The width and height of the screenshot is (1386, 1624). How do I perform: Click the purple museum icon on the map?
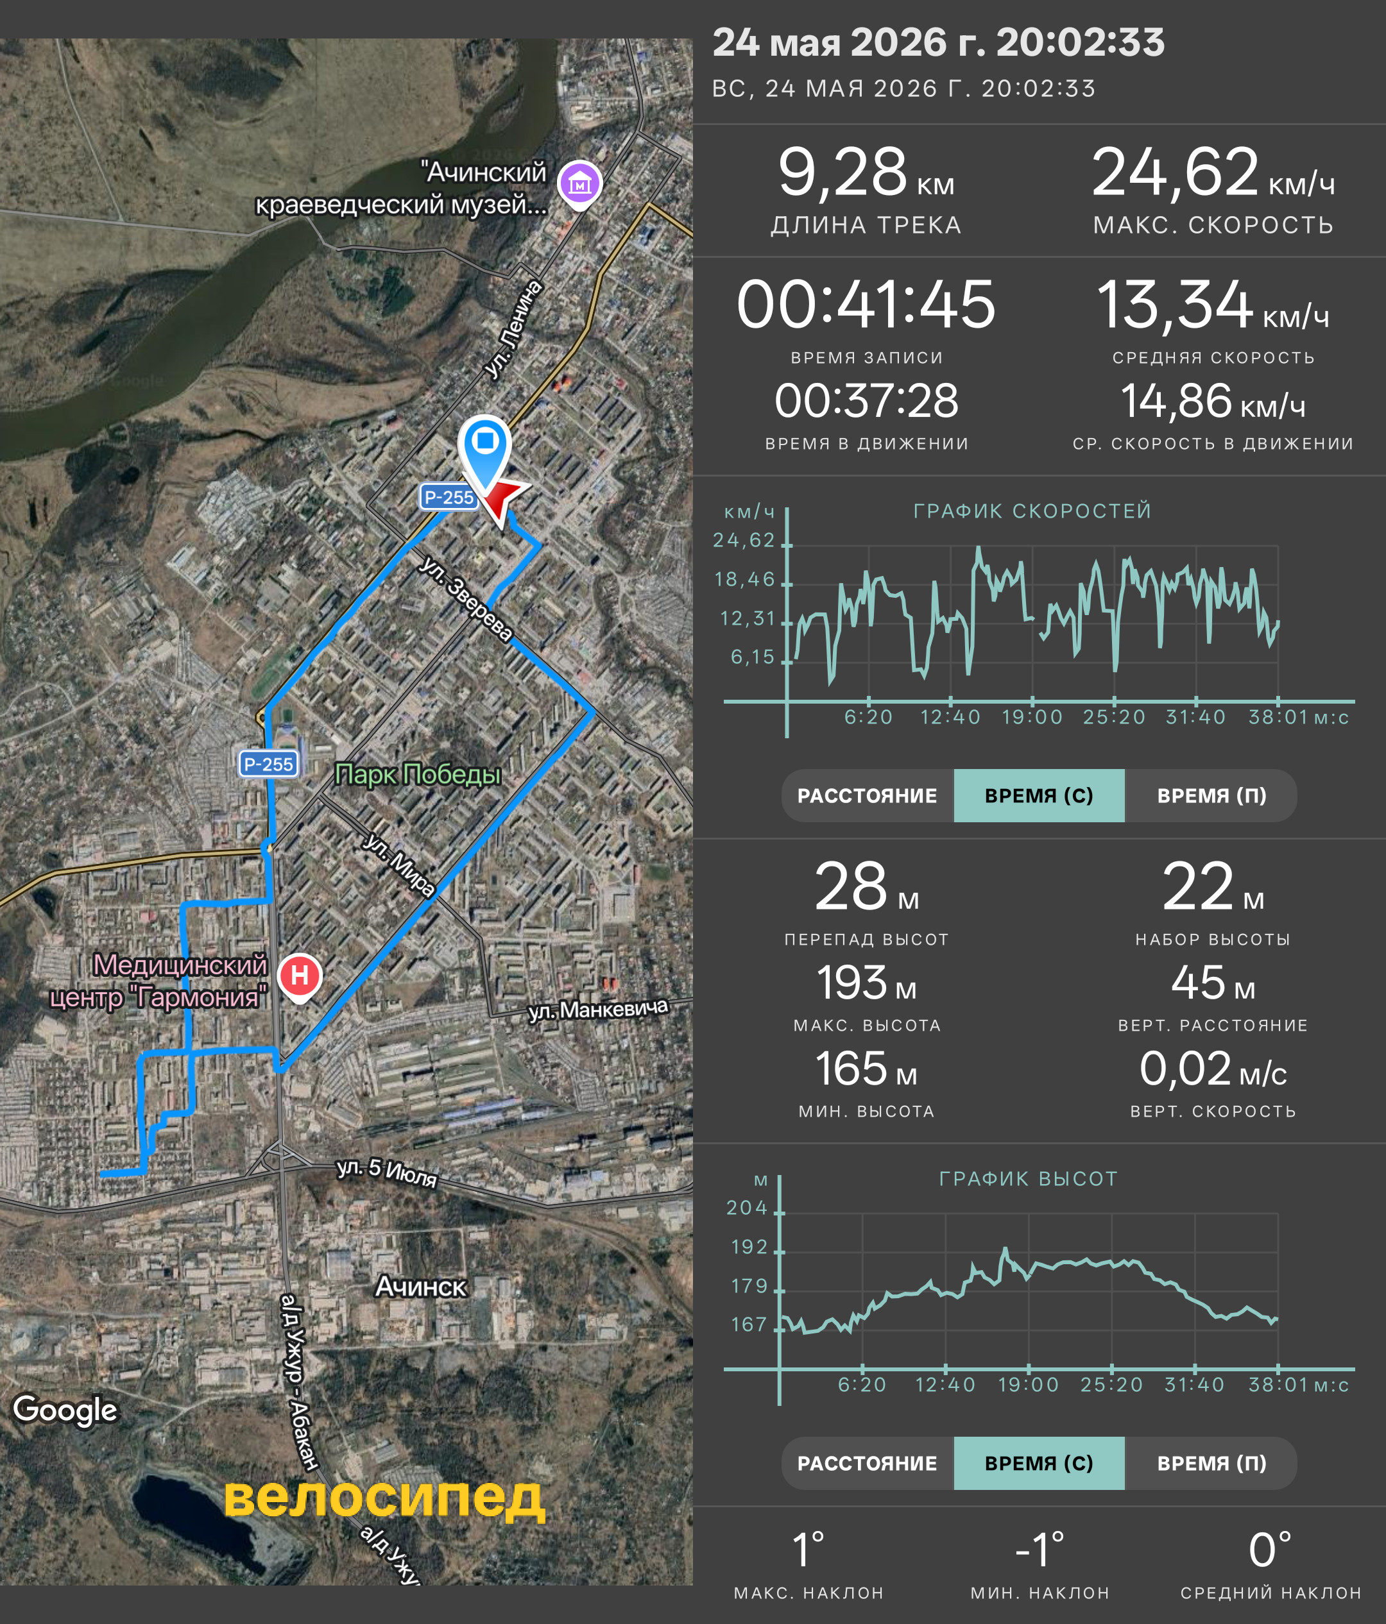(x=579, y=185)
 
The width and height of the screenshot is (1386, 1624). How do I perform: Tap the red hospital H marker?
(x=300, y=977)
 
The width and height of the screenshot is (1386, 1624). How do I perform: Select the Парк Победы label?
(x=418, y=774)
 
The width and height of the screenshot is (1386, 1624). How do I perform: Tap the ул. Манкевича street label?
(x=598, y=1009)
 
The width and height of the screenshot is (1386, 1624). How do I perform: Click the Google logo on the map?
(x=65, y=1409)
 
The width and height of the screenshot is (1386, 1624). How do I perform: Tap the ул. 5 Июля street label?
(x=386, y=1172)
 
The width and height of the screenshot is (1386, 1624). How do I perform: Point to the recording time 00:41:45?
(x=866, y=304)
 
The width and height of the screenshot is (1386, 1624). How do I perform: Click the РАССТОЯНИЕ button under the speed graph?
(x=867, y=795)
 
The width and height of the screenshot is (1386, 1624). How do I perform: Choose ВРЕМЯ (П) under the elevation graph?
(x=1211, y=1463)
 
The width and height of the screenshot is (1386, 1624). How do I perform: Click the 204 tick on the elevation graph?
(x=747, y=1208)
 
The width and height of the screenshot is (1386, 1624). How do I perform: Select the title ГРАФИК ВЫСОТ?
(x=1029, y=1179)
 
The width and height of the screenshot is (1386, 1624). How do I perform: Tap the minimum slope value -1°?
(x=1039, y=1550)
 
